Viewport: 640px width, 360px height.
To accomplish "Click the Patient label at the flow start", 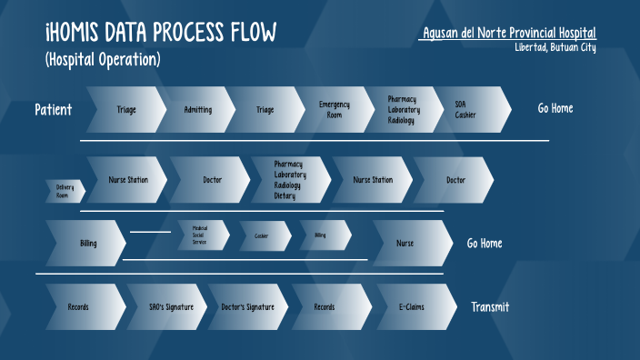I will [x=54, y=110].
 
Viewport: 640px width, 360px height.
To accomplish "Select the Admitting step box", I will [x=197, y=110].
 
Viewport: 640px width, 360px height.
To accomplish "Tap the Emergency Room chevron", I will [x=334, y=110].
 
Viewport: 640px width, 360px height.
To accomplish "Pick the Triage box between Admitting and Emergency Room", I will [x=265, y=110].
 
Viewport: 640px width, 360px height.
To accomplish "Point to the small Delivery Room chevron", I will [x=65, y=191].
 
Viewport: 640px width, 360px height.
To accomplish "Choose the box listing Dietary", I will [x=292, y=180].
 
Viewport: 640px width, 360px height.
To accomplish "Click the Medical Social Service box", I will [x=203, y=236].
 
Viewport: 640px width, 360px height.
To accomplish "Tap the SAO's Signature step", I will [x=169, y=307].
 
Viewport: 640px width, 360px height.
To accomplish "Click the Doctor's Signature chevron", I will [x=247, y=307].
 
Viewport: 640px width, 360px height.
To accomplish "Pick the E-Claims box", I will [x=411, y=307].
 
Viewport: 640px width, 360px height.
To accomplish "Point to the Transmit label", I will [x=489, y=307].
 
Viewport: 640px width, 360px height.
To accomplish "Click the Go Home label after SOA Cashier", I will [x=555, y=109].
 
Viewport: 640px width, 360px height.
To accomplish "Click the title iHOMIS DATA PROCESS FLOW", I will [x=161, y=35].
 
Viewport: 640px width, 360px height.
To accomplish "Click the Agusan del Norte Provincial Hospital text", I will [x=509, y=34].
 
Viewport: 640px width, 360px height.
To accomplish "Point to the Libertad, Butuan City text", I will [x=555, y=47].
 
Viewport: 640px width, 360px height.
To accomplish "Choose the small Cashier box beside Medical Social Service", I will [x=263, y=236].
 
